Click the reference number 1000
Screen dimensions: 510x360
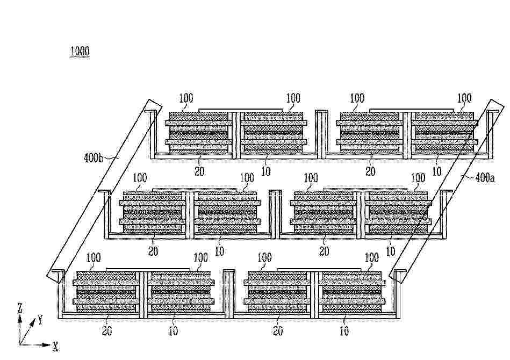80,52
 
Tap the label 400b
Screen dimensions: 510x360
94,158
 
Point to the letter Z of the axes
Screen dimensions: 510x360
20,308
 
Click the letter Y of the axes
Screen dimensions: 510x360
40,320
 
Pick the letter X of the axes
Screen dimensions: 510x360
55,347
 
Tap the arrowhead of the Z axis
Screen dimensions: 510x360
20,319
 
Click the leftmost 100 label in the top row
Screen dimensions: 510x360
186,98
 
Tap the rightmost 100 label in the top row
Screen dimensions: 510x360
464,98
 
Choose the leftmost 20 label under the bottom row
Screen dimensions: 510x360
107,331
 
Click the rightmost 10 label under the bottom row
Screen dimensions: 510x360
344,331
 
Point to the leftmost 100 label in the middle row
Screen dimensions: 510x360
140,178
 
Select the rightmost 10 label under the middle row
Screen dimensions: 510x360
390,251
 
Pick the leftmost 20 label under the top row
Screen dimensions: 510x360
199,171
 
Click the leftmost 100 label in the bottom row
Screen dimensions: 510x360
94,258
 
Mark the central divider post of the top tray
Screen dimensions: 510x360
322,134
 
